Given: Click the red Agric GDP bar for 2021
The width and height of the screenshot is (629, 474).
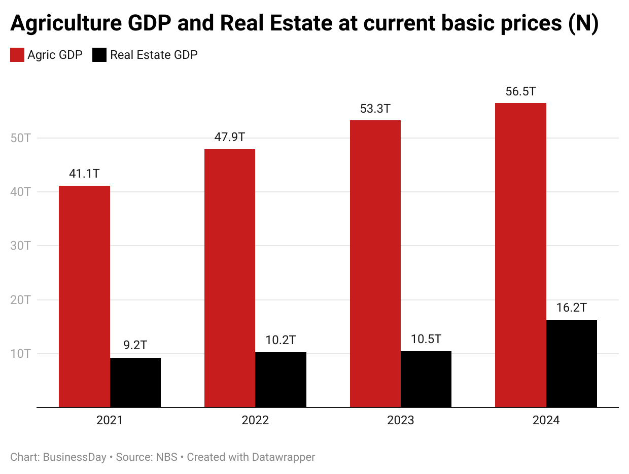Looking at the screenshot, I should pyautogui.click(x=84, y=296).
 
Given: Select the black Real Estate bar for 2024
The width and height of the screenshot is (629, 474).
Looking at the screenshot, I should pyautogui.click(x=572, y=363).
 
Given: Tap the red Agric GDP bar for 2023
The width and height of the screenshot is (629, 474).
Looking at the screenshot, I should pyautogui.click(x=375, y=263).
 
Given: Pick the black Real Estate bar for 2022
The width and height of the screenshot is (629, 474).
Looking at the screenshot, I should pyautogui.click(x=281, y=380).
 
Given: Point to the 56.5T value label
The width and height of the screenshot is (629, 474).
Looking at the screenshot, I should pyautogui.click(x=520, y=92).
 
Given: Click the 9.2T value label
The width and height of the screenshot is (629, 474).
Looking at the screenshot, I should pyautogui.click(x=135, y=345).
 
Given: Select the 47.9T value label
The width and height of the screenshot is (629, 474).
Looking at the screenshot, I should pyautogui.click(x=229, y=137).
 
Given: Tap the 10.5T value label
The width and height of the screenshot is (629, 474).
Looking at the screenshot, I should pyautogui.click(x=426, y=339).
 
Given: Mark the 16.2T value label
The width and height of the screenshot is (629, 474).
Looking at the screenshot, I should pyautogui.click(x=571, y=308).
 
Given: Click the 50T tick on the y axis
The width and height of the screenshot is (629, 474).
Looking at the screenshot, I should pyautogui.click(x=21, y=138).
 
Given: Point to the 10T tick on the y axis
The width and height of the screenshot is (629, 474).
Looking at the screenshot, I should pyautogui.click(x=21, y=354).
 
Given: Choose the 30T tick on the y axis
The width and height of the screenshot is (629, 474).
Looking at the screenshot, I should pyautogui.click(x=21, y=246).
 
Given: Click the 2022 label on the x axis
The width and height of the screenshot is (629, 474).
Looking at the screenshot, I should pyautogui.click(x=255, y=421).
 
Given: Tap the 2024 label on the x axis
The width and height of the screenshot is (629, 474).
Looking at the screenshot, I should pyautogui.click(x=546, y=421).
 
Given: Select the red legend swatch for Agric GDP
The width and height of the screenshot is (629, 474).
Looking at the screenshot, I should pyautogui.click(x=17, y=55).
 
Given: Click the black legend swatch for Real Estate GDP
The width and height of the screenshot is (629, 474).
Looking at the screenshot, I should pyautogui.click(x=99, y=55).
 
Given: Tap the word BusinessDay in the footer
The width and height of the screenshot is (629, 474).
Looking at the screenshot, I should pyautogui.click(x=75, y=457).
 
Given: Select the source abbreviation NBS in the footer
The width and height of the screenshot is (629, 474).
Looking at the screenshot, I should pyautogui.click(x=167, y=457).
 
